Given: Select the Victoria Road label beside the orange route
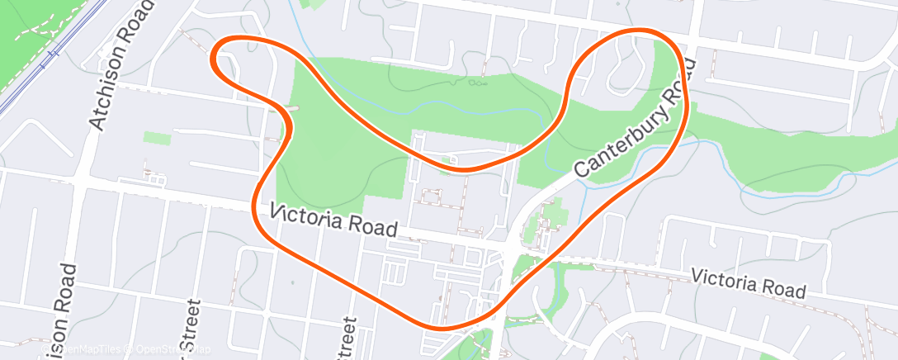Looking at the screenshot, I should tap(334, 221).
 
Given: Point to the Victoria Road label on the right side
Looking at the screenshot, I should tap(748, 282).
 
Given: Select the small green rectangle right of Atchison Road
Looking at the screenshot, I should tap(157, 137).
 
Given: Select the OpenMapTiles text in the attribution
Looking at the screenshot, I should tap(74, 351).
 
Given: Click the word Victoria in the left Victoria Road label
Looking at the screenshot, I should tap(302, 216).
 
